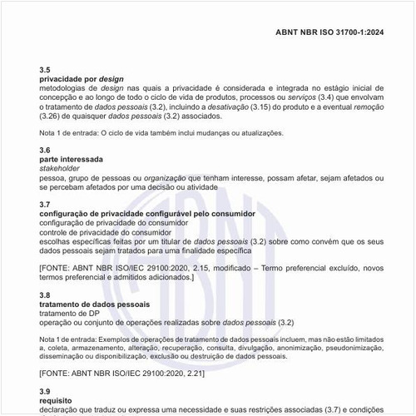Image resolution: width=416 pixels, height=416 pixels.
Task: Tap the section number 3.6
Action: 45,150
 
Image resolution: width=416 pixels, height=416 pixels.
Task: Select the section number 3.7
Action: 45,204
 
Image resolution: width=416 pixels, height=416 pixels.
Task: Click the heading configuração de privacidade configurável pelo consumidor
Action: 147,214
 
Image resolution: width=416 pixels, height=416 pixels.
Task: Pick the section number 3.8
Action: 45,295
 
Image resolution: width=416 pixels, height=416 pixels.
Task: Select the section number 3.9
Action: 45,391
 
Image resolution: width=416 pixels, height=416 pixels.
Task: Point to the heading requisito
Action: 56,400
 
